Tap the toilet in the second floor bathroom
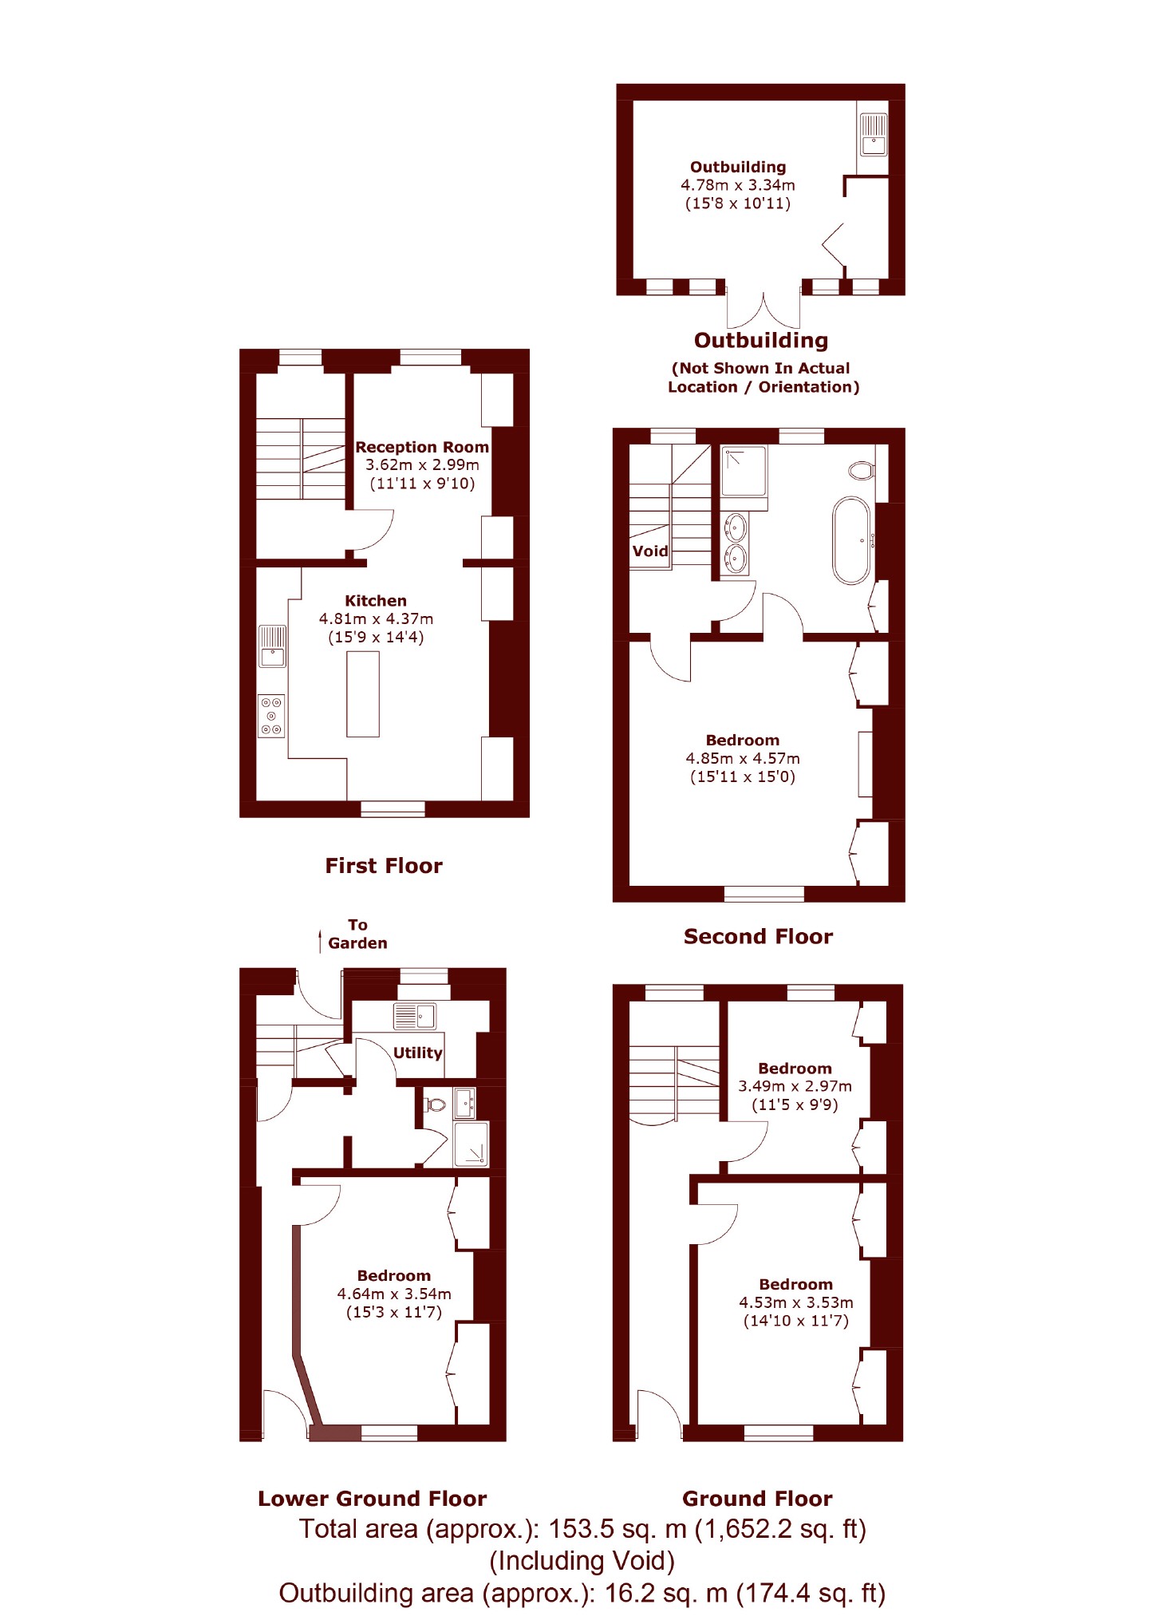pos(862,470)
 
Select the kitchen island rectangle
pos(363,693)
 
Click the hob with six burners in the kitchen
pos(271,716)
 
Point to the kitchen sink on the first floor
pos(272,646)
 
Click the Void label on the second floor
pos(650,551)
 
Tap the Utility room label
pos(417,1053)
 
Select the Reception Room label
pos(422,447)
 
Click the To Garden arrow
pos(320,940)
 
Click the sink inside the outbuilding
pos(874,135)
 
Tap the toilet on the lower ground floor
pos(436,1104)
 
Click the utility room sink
pos(415,1016)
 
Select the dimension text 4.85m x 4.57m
pos(743,758)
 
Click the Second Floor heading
pos(758,936)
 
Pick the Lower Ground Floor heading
pos(372,1498)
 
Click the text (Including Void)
pos(582,1560)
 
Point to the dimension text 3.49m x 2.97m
pos(795,1086)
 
